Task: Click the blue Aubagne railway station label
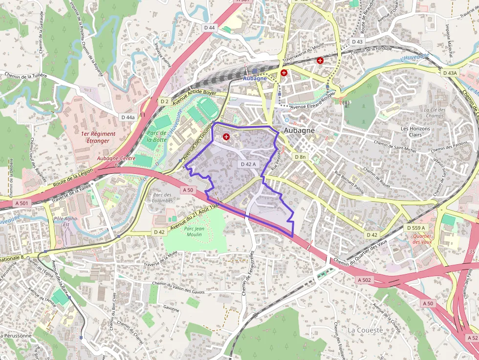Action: [x=255, y=78]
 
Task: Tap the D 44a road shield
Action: [x=128, y=117]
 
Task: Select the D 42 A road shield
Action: [x=248, y=164]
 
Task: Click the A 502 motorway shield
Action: [x=365, y=280]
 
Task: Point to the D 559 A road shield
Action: [x=416, y=228]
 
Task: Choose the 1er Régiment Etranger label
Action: [x=99, y=137]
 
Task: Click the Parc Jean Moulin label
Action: [x=194, y=231]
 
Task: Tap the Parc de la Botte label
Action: [x=157, y=136]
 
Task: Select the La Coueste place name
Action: [x=366, y=330]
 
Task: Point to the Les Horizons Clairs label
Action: [x=415, y=132]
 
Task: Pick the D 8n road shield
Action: [x=300, y=157]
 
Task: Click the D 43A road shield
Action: [x=450, y=73]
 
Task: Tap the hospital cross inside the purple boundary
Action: [x=226, y=137]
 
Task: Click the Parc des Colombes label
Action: [x=162, y=198]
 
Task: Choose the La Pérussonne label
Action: [x=18, y=336]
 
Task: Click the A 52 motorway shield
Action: [x=472, y=338]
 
